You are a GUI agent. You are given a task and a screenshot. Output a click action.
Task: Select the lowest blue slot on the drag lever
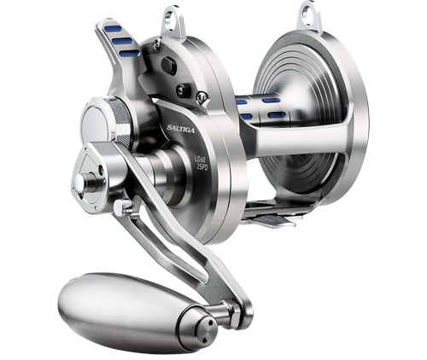coord(129,53)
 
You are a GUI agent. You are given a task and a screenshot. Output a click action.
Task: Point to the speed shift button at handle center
coord(83,181)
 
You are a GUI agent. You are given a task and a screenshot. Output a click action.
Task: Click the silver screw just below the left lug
coord(156,40)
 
